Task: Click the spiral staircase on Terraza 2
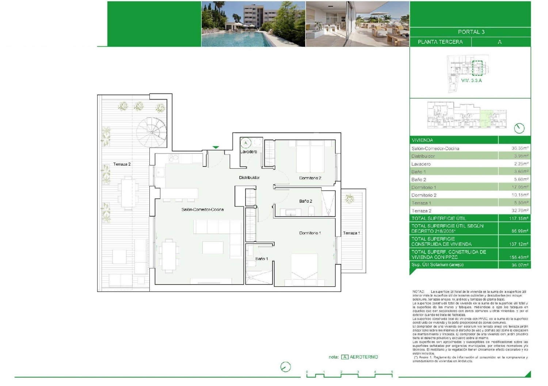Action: [151, 131]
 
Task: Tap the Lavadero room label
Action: [248, 152]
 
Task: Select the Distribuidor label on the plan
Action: [249, 177]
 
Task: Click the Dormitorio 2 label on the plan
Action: [310, 178]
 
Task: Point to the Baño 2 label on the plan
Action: [305, 201]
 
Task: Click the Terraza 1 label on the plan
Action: [351, 233]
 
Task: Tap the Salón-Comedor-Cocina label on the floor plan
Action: [202, 210]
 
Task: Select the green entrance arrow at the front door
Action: [216, 148]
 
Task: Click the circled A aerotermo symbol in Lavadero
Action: [246, 143]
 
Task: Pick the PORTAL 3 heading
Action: [471, 32]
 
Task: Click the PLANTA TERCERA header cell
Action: [440, 42]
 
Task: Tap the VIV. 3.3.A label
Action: [471, 80]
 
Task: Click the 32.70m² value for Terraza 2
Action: [520, 211]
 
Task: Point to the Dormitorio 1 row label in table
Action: [423, 187]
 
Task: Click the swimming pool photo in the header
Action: [253, 24]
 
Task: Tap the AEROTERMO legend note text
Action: [364, 357]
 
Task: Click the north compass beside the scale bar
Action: [285, 367]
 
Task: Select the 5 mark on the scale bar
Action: [392, 372]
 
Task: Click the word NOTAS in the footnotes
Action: [418, 292]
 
